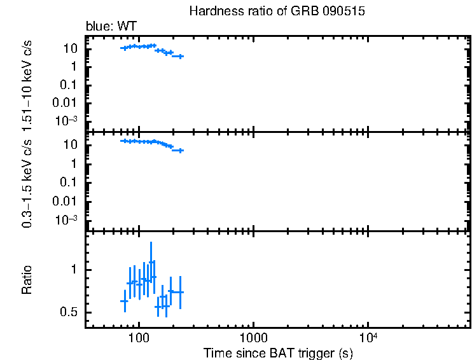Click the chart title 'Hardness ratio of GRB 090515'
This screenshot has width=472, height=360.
pos(277,12)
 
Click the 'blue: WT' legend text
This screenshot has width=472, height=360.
pos(111,26)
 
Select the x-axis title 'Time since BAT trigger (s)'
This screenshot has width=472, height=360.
pos(277,352)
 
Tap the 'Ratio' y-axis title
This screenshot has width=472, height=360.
pos(27,280)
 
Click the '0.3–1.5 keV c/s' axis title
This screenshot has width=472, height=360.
pos(27,181)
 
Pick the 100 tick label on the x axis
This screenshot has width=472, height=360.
pos(138,337)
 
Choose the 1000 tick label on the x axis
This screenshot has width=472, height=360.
pos(253,337)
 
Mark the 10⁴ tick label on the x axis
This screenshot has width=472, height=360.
pos(367,337)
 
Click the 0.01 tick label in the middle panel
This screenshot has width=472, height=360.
pos(66,201)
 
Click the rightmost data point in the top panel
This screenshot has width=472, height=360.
pos(180,57)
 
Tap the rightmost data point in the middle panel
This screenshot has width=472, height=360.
pos(180,151)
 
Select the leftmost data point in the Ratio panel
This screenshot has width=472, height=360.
pos(125,301)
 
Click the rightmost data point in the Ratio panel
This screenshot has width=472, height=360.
pos(180,292)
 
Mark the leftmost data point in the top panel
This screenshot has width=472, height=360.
pos(125,48)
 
